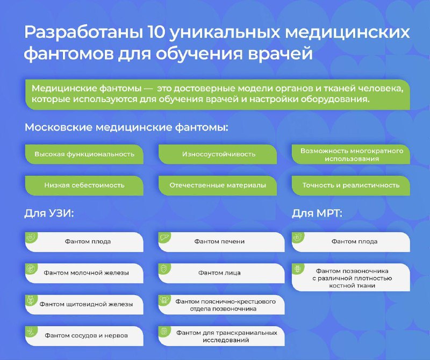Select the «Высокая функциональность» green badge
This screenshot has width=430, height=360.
click(x=84, y=154)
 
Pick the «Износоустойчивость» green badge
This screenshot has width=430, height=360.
click(x=218, y=154)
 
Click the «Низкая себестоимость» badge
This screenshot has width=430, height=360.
click(x=84, y=185)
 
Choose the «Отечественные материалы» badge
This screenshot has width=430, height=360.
click(x=218, y=185)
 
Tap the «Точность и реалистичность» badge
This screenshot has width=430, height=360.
click(x=351, y=185)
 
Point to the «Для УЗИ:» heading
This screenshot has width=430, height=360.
click(x=49, y=213)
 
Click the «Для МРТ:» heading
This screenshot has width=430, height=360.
click(x=317, y=213)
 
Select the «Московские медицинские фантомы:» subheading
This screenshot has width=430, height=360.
click(x=126, y=127)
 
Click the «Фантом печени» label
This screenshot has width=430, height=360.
click(x=219, y=242)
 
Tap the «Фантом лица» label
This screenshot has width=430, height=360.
click(x=219, y=273)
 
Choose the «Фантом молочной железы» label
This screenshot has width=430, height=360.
click(x=86, y=273)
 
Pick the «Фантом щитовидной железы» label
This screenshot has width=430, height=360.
click(x=86, y=304)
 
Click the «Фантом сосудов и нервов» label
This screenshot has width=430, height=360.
click(x=86, y=336)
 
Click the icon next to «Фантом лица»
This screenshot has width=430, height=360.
click(x=164, y=269)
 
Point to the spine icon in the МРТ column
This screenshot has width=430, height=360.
click(x=297, y=269)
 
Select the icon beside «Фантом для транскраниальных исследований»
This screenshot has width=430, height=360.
click(x=164, y=331)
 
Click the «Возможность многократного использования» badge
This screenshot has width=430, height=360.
click(x=351, y=154)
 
